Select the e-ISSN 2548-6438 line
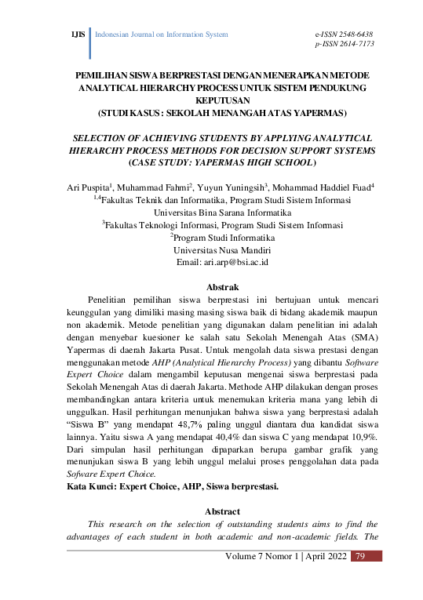[343, 35]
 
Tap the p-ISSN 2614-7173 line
[343, 45]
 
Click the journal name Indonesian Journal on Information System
[161, 35]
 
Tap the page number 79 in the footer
[362, 556]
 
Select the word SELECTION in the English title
[96, 136]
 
